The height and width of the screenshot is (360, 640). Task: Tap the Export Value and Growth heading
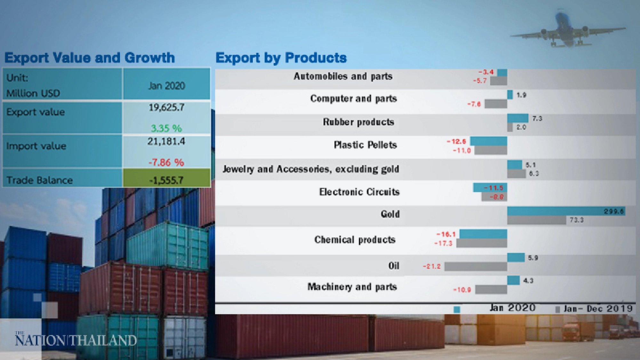(90, 58)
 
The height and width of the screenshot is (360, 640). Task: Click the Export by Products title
(281, 58)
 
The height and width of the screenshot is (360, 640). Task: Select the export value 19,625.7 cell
(166, 108)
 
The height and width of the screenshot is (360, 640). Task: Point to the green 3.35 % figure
(166, 128)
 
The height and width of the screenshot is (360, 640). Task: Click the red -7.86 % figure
(166, 163)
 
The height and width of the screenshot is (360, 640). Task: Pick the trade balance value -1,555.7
(166, 180)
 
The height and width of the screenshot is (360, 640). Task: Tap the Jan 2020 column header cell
(166, 85)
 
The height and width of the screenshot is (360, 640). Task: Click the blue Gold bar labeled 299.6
(566, 211)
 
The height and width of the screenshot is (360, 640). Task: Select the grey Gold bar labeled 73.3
(537, 220)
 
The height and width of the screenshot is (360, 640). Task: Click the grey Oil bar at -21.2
(476, 266)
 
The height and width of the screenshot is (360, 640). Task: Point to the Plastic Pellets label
(365, 145)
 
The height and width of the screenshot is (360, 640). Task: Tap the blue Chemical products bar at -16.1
(483, 234)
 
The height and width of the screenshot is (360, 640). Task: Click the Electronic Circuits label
(359, 192)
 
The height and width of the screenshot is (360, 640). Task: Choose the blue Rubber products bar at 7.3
(517, 118)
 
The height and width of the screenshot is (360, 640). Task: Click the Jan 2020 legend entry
(512, 308)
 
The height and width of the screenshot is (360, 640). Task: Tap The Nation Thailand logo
(76, 340)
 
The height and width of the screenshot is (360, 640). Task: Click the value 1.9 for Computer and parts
(521, 95)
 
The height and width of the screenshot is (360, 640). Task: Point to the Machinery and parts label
(352, 287)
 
